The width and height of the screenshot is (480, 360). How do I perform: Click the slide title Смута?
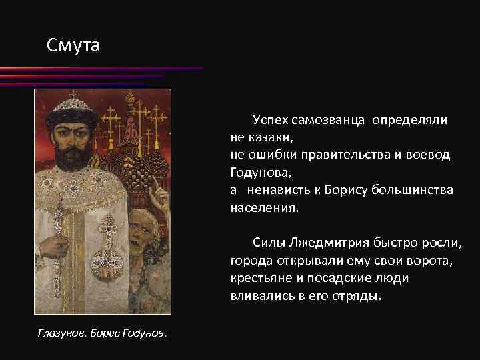73,46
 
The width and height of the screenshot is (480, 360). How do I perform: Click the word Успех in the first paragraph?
269,119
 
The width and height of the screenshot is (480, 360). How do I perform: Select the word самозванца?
327,119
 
